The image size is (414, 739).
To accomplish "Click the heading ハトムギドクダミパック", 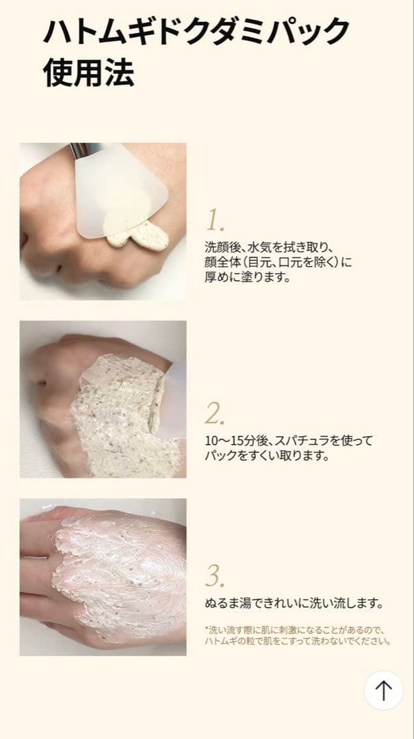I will pos(196,32).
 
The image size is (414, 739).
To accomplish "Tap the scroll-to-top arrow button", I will pos(383,690).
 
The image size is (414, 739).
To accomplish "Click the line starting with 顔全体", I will pos(279,262).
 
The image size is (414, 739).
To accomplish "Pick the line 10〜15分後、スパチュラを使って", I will pos(289,441).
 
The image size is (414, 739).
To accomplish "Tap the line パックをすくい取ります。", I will pos(267,456).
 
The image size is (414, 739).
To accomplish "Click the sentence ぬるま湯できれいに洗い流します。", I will pos(293,604).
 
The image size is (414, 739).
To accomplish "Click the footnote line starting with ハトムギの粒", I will pos(298,642).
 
